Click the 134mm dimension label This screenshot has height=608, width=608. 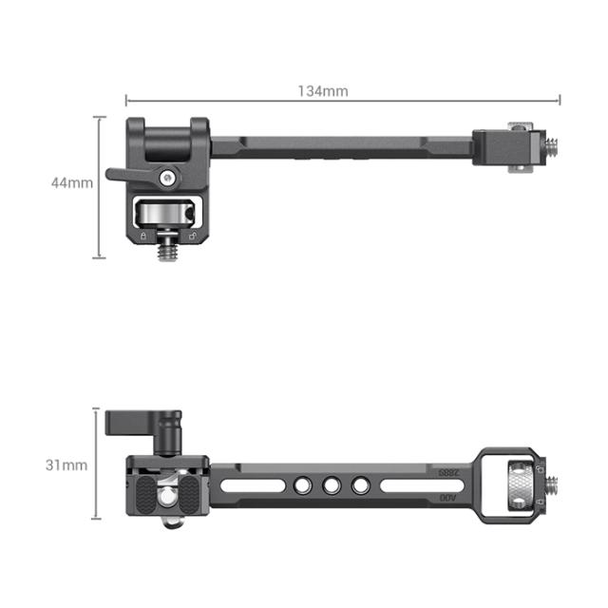(323, 91)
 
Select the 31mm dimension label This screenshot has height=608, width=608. (68, 465)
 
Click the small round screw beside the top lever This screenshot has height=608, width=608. (168, 176)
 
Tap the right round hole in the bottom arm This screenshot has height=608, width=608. (360, 486)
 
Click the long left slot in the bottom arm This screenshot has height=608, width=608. (255, 486)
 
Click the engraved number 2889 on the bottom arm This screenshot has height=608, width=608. (446, 472)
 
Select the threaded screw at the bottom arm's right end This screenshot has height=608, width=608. (550, 485)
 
